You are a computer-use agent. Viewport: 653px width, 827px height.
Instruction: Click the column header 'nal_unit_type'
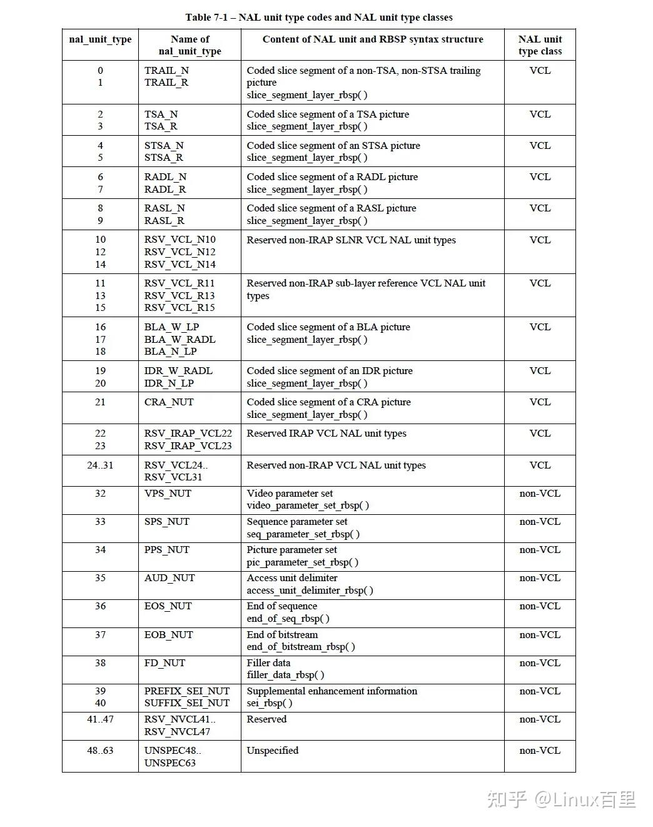(x=100, y=39)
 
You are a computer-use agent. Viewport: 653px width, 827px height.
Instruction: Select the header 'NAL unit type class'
(x=540, y=45)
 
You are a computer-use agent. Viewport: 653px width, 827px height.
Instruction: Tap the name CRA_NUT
(x=169, y=402)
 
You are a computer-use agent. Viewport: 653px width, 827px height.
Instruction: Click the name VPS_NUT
(x=168, y=494)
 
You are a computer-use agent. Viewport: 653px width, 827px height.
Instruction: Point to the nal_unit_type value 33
(x=100, y=522)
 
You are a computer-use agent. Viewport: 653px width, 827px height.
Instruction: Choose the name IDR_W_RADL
(x=178, y=371)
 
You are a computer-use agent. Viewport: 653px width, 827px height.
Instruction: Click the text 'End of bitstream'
(x=282, y=635)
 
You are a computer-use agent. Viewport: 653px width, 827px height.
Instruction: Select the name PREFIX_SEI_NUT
(x=187, y=691)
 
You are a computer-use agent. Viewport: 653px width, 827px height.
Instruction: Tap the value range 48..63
(x=100, y=751)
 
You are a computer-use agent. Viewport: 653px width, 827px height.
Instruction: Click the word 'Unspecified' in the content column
(x=273, y=751)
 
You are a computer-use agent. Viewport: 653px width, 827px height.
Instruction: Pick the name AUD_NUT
(x=170, y=578)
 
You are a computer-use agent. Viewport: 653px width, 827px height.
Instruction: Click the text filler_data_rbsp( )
(x=285, y=675)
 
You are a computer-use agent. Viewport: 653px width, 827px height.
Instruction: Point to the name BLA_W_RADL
(x=180, y=340)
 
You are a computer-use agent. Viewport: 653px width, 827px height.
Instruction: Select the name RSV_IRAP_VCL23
(x=188, y=446)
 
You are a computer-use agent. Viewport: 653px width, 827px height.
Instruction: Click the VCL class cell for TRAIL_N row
(x=540, y=71)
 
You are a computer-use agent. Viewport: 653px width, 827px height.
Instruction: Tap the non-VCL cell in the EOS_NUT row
(x=540, y=606)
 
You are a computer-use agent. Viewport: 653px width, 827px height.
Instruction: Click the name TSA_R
(x=161, y=126)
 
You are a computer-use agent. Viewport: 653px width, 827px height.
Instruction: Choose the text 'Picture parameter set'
(x=291, y=550)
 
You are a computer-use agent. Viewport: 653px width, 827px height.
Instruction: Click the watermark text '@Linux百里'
(x=585, y=799)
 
